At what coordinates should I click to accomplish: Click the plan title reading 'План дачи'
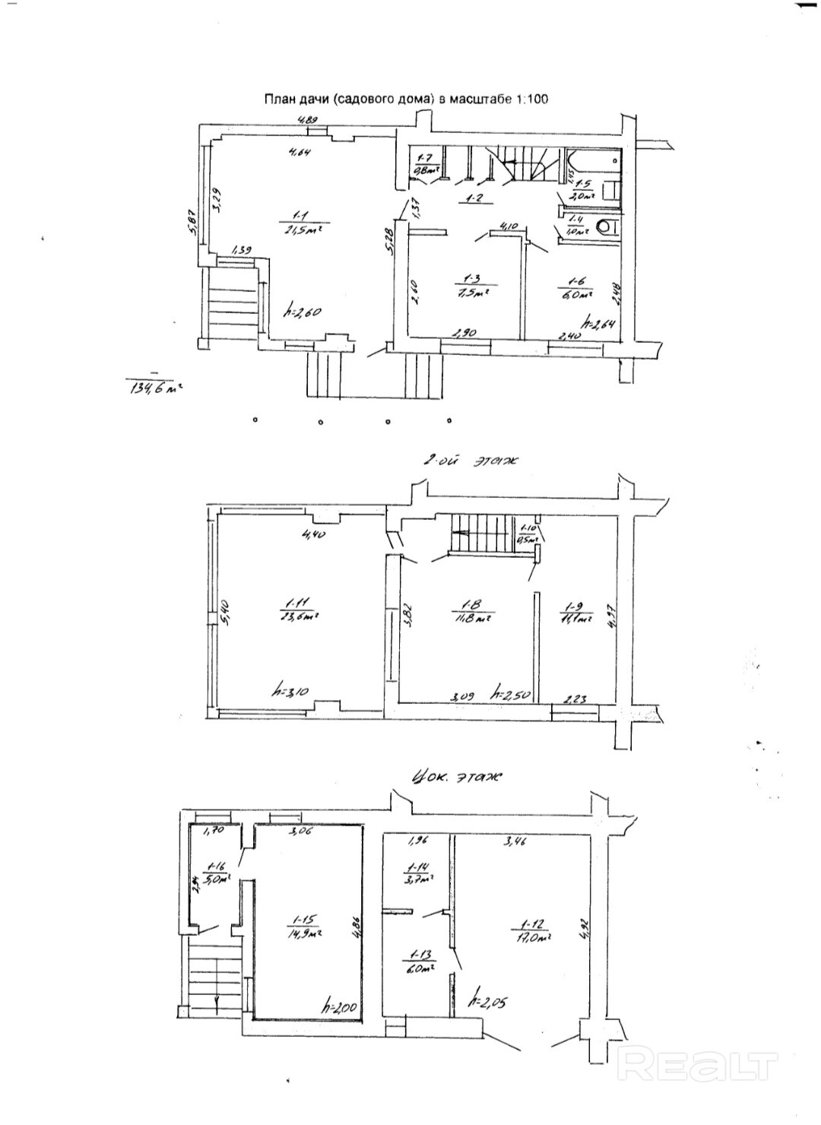(405, 99)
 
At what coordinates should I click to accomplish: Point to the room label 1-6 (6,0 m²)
(575, 288)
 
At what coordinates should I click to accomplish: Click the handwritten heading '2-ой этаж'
(469, 460)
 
